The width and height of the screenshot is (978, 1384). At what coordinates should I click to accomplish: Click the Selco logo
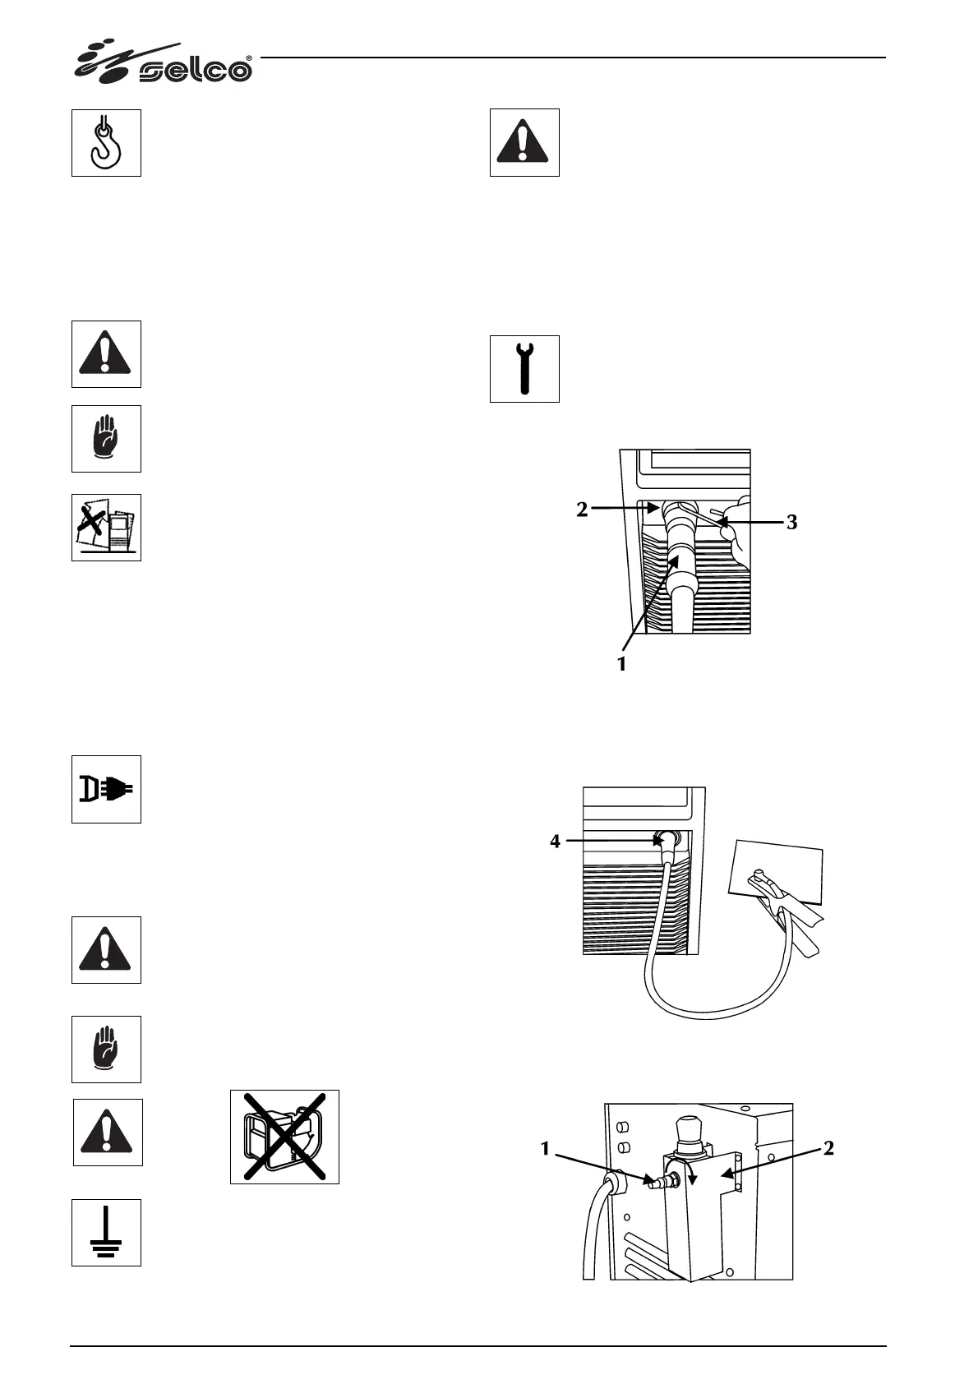[164, 64]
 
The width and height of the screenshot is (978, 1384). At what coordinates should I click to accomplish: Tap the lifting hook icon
[106, 142]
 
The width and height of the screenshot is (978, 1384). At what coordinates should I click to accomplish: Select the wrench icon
[524, 369]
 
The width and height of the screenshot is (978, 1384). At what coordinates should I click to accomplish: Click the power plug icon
[106, 789]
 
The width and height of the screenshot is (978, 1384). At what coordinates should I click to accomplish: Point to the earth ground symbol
[106, 1232]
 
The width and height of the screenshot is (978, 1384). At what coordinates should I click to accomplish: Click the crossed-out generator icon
[284, 1137]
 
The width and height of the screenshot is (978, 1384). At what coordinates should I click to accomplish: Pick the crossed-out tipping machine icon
[106, 528]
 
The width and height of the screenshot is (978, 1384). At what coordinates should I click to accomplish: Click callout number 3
[791, 522]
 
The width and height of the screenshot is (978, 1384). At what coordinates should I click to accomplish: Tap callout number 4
[556, 841]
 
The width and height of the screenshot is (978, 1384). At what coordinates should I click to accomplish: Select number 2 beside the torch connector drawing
[582, 510]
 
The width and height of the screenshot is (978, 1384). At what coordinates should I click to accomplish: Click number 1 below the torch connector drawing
[622, 663]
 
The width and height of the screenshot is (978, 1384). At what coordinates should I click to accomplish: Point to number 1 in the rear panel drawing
[545, 1149]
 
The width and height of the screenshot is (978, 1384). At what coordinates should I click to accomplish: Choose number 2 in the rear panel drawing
[828, 1149]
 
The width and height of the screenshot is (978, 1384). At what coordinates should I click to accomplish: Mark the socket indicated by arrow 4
[663, 840]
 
